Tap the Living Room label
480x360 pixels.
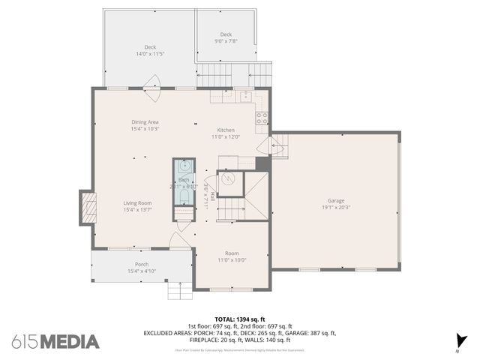(137, 202)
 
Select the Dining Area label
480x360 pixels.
(145, 121)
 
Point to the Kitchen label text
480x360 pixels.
(226, 129)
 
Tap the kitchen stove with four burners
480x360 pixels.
(262, 118)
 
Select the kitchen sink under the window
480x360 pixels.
(245, 95)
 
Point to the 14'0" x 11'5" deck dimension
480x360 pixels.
(150, 54)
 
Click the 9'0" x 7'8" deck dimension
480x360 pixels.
(226, 41)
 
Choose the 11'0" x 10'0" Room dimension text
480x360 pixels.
(232, 260)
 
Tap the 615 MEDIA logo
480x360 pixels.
(55, 341)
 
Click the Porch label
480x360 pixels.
(141, 264)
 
